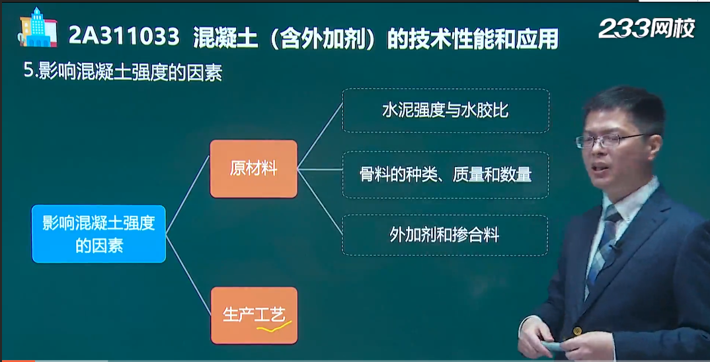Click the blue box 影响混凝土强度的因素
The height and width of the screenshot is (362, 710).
point(99,234)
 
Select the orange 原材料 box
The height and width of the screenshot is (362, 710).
point(254,169)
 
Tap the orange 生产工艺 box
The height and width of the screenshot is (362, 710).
point(254,315)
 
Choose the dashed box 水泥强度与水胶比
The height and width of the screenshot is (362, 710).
point(446,110)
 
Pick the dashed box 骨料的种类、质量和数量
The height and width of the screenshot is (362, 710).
point(446,174)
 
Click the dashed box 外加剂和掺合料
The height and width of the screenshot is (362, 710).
point(445,235)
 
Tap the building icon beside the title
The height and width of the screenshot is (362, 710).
point(37,27)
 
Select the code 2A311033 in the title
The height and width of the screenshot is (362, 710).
point(124,37)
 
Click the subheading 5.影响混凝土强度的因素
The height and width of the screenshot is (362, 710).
point(123,73)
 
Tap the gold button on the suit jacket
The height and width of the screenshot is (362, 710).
point(577,331)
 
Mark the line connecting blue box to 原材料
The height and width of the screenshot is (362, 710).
point(188,195)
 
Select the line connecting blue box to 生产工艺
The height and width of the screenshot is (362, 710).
point(188,275)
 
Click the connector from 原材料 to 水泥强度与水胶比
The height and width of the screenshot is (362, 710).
point(320,136)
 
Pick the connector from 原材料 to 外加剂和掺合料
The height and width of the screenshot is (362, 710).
point(320,201)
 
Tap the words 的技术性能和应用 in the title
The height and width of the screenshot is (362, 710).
point(473,37)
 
